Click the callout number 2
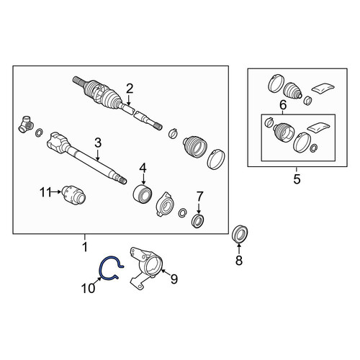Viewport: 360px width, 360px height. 130,89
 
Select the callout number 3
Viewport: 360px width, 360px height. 98,143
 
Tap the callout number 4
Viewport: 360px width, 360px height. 143,168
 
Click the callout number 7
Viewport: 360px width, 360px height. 199,197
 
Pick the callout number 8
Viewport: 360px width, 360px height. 239,260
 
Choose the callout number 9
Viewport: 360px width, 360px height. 174,279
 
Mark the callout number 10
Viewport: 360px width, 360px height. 88,288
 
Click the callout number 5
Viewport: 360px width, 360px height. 297,179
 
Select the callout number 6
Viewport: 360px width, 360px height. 283,105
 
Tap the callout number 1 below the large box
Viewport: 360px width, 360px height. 85,247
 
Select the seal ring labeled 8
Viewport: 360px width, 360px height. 240,234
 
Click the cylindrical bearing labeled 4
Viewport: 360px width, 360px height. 143,194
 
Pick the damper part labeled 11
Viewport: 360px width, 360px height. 73,195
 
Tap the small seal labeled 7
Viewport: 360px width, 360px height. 198,221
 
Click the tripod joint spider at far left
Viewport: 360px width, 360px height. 26,124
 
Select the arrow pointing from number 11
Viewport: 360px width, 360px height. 55,192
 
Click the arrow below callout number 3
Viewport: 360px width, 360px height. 98,155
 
